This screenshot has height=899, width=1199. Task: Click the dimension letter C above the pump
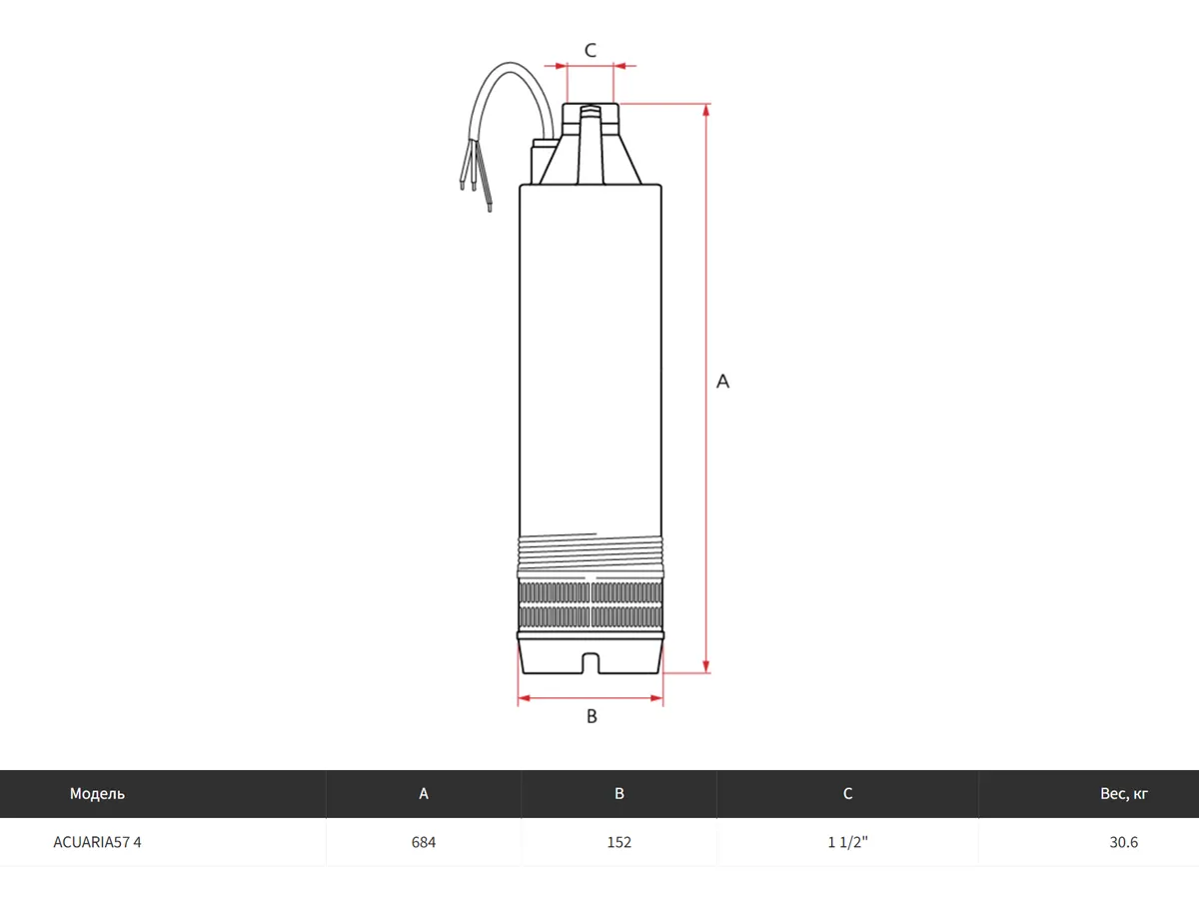[x=590, y=50]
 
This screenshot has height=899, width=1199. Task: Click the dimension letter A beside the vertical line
[x=722, y=381]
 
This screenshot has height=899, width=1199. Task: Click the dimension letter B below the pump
[x=592, y=716]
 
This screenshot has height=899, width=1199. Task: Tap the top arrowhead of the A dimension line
[x=705, y=110]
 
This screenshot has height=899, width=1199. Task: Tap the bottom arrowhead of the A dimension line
[x=705, y=666]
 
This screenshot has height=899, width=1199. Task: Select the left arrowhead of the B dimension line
[x=524, y=698]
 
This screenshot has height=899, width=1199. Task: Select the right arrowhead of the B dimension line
[x=656, y=698]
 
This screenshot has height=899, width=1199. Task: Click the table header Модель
[x=97, y=794]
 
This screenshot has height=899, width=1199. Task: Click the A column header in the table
[x=424, y=794]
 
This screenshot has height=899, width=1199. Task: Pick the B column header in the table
[x=618, y=794]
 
